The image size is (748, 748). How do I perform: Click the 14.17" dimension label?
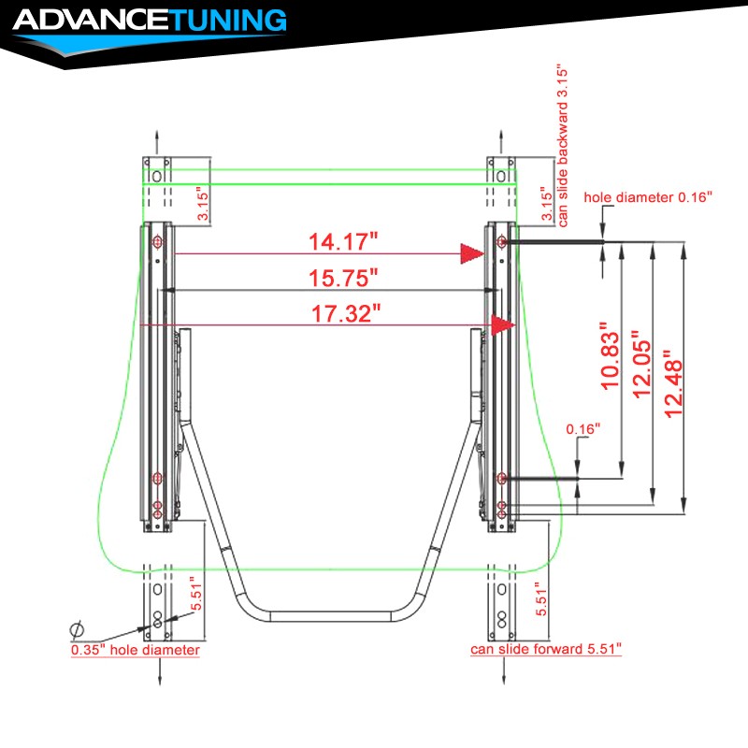(x=343, y=242)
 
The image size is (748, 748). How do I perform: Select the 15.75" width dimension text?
(x=343, y=278)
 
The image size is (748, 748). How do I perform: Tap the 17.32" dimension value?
(x=346, y=314)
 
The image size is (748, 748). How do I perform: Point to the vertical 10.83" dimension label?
(x=611, y=356)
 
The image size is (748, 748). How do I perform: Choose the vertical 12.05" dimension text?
(x=642, y=364)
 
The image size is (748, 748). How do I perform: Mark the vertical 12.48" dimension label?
(x=674, y=384)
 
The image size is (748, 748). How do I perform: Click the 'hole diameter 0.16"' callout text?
(x=648, y=197)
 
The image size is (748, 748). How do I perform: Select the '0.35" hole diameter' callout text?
(x=136, y=650)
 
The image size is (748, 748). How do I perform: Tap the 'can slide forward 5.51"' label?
(x=546, y=649)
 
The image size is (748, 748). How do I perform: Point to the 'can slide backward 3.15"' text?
(x=563, y=147)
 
